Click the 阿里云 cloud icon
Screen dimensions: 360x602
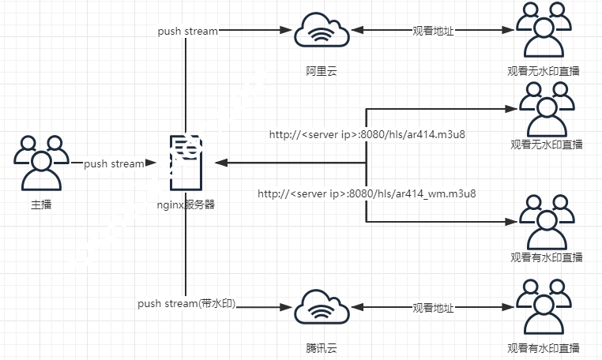pos(322,32)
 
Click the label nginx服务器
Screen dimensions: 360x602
pos(186,204)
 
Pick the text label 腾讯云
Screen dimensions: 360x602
pos(322,347)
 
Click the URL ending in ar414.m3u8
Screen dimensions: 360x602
pos(367,134)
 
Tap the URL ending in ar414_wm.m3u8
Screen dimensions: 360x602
pos(367,193)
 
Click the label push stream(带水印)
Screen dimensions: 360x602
pos(187,303)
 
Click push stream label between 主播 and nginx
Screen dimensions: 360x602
pos(114,163)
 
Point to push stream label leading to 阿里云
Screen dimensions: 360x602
pos(186,31)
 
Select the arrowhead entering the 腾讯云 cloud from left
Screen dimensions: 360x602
pos(288,308)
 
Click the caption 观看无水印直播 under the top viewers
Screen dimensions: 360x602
pos(544,71)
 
